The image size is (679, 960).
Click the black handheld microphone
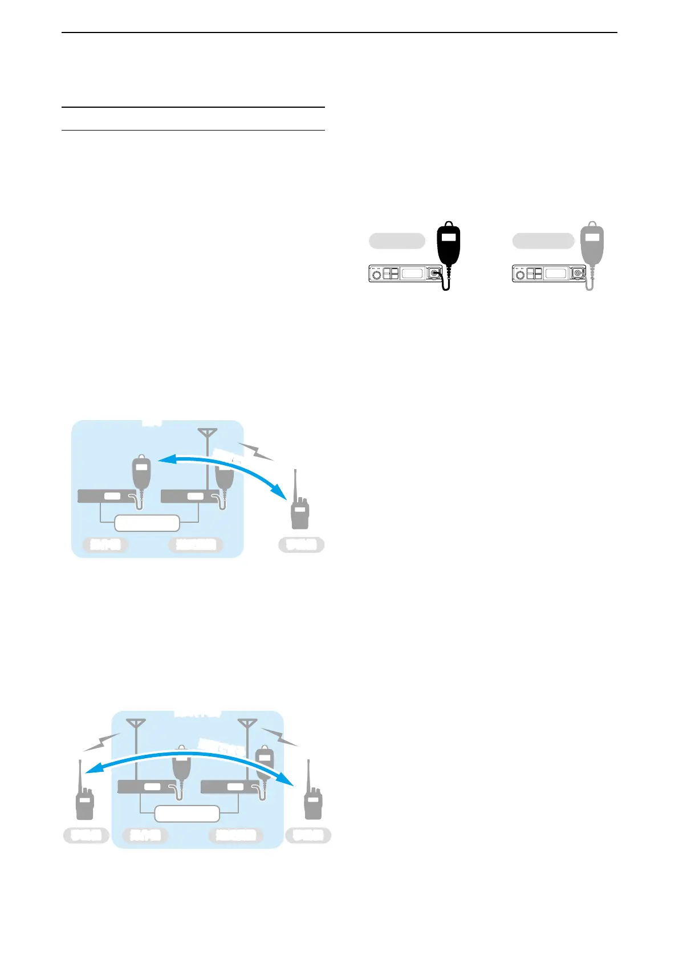click(448, 245)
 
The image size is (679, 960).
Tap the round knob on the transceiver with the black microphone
click(376, 275)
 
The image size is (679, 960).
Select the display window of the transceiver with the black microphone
click(412, 274)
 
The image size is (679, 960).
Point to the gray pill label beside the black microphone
click(397, 241)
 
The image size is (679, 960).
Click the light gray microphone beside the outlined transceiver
click(592, 245)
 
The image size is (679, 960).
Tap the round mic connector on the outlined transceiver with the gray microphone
click(578, 274)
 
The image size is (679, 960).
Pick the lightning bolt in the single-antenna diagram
click(255, 451)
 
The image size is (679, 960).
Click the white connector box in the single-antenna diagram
click(147, 523)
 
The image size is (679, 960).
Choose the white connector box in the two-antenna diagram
click(187, 813)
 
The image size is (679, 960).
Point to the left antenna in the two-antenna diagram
click(136, 727)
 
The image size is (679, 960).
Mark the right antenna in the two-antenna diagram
click(247, 727)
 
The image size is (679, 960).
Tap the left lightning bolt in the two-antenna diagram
click(101, 742)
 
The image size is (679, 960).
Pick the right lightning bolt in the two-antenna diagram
click(279, 737)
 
